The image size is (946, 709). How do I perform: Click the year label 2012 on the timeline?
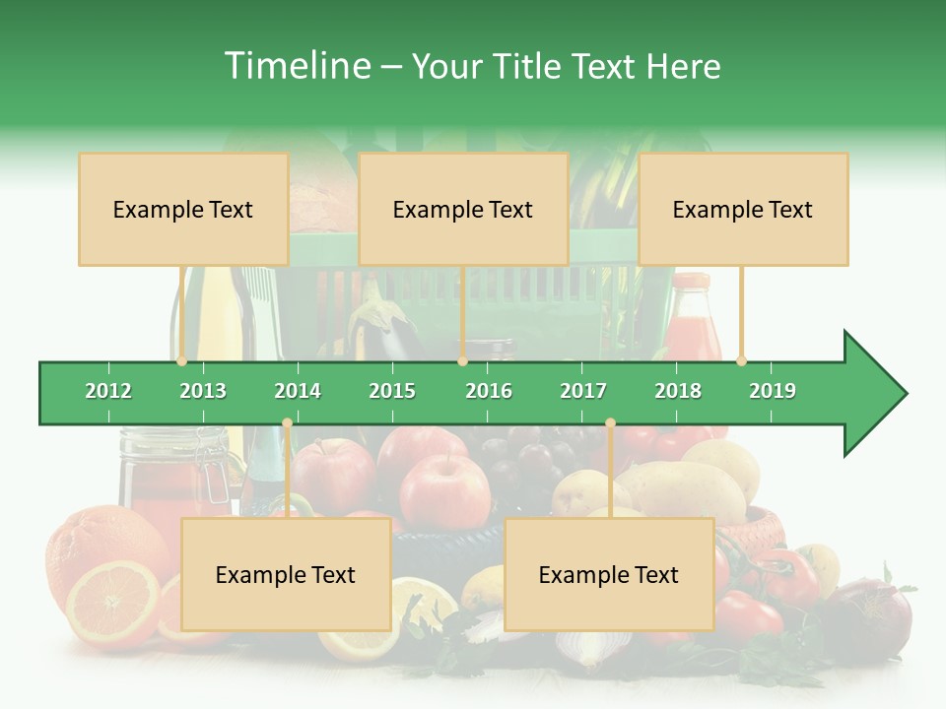click(108, 391)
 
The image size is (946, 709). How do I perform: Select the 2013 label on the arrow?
click(203, 391)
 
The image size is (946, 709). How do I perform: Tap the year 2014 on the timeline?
click(298, 391)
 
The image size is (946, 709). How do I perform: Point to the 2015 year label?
click(392, 391)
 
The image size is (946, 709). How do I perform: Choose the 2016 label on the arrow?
click(489, 391)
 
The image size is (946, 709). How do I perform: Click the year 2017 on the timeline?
click(583, 391)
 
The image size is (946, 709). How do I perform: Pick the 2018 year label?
click(678, 391)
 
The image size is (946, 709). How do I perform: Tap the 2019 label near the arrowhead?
click(773, 391)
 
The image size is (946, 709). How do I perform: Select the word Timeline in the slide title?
click(296, 66)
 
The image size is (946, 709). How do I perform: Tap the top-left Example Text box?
click(183, 209)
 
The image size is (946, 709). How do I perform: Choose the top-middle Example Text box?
click(463, 209)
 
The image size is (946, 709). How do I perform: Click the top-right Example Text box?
click(743, 209)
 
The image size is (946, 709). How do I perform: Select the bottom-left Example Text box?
click(286, 574)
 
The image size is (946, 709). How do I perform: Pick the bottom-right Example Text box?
click(609, 574)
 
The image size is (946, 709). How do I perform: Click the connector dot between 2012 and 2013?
click(182, 360)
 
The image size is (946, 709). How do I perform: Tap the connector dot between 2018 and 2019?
click(741, 360)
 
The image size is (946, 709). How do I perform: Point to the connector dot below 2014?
click(287, 422)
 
